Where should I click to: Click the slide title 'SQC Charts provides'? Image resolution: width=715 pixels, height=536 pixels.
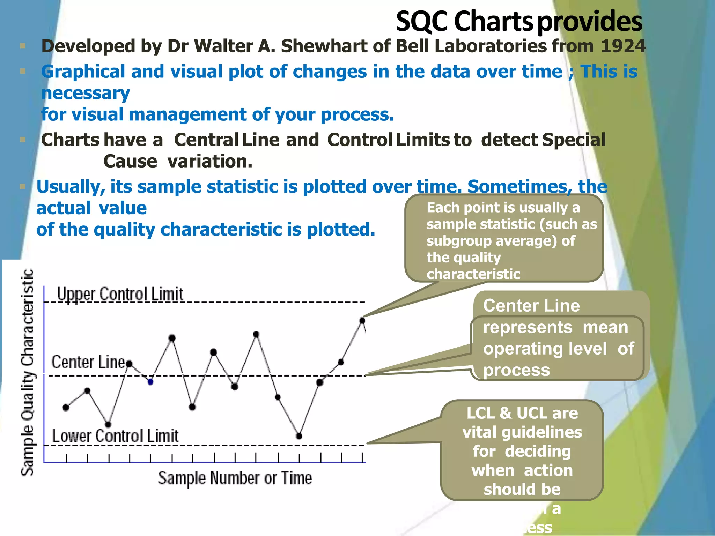(x=519, y=22)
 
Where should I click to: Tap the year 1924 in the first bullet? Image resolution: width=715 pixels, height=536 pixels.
(x=623, y=46)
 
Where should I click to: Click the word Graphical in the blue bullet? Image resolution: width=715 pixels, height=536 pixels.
(x=83, y=72)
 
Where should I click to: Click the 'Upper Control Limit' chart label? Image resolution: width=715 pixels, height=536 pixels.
(x=120, y=294)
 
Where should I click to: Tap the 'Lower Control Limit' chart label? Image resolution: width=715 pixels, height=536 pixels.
(x=115, y=436)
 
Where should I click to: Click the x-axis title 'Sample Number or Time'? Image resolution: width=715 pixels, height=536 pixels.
(x=235, y=478)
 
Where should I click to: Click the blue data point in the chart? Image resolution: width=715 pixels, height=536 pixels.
(x=150, y=382)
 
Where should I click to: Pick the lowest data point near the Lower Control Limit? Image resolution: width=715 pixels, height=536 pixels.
(x=299, y=436)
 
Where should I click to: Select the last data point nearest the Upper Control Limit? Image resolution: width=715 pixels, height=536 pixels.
(x=362, y=320)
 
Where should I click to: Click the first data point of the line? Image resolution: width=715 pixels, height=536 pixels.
(x=66, y=407)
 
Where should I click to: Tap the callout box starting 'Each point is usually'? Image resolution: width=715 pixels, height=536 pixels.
(x=504, y=238)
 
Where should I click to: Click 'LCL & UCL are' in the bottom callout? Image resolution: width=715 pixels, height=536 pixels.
(x=522, y=414)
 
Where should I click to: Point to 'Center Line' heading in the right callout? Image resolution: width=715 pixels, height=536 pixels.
(x=531, y=306)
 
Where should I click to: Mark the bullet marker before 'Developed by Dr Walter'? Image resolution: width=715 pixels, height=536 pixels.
(x=23, y=46)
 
